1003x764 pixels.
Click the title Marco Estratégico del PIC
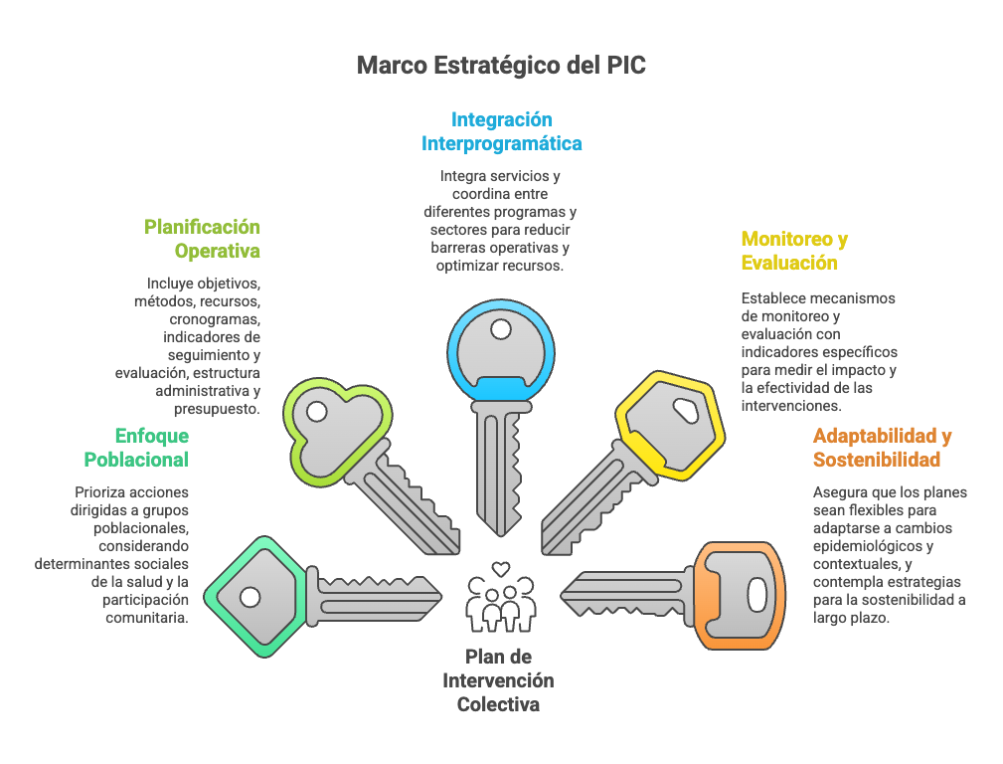(501, 66)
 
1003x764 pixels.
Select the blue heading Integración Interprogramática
(501, 131)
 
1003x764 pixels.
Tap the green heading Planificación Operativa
(202, 239)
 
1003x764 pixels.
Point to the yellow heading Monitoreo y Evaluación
(794, 251)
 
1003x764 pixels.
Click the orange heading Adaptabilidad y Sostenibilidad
(882, 448)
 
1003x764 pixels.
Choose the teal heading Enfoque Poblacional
(136, 448)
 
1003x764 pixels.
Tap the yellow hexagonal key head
(669, 423)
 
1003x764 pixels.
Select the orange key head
(741, 595)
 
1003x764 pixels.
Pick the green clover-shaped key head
(334, 428)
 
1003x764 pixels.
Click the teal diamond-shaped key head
(253, 596)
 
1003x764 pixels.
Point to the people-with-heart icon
(499, 597)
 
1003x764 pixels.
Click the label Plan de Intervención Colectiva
(499, 680)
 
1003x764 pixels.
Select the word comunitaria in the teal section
(147, 618)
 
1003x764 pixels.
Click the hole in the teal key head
(250, 597)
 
